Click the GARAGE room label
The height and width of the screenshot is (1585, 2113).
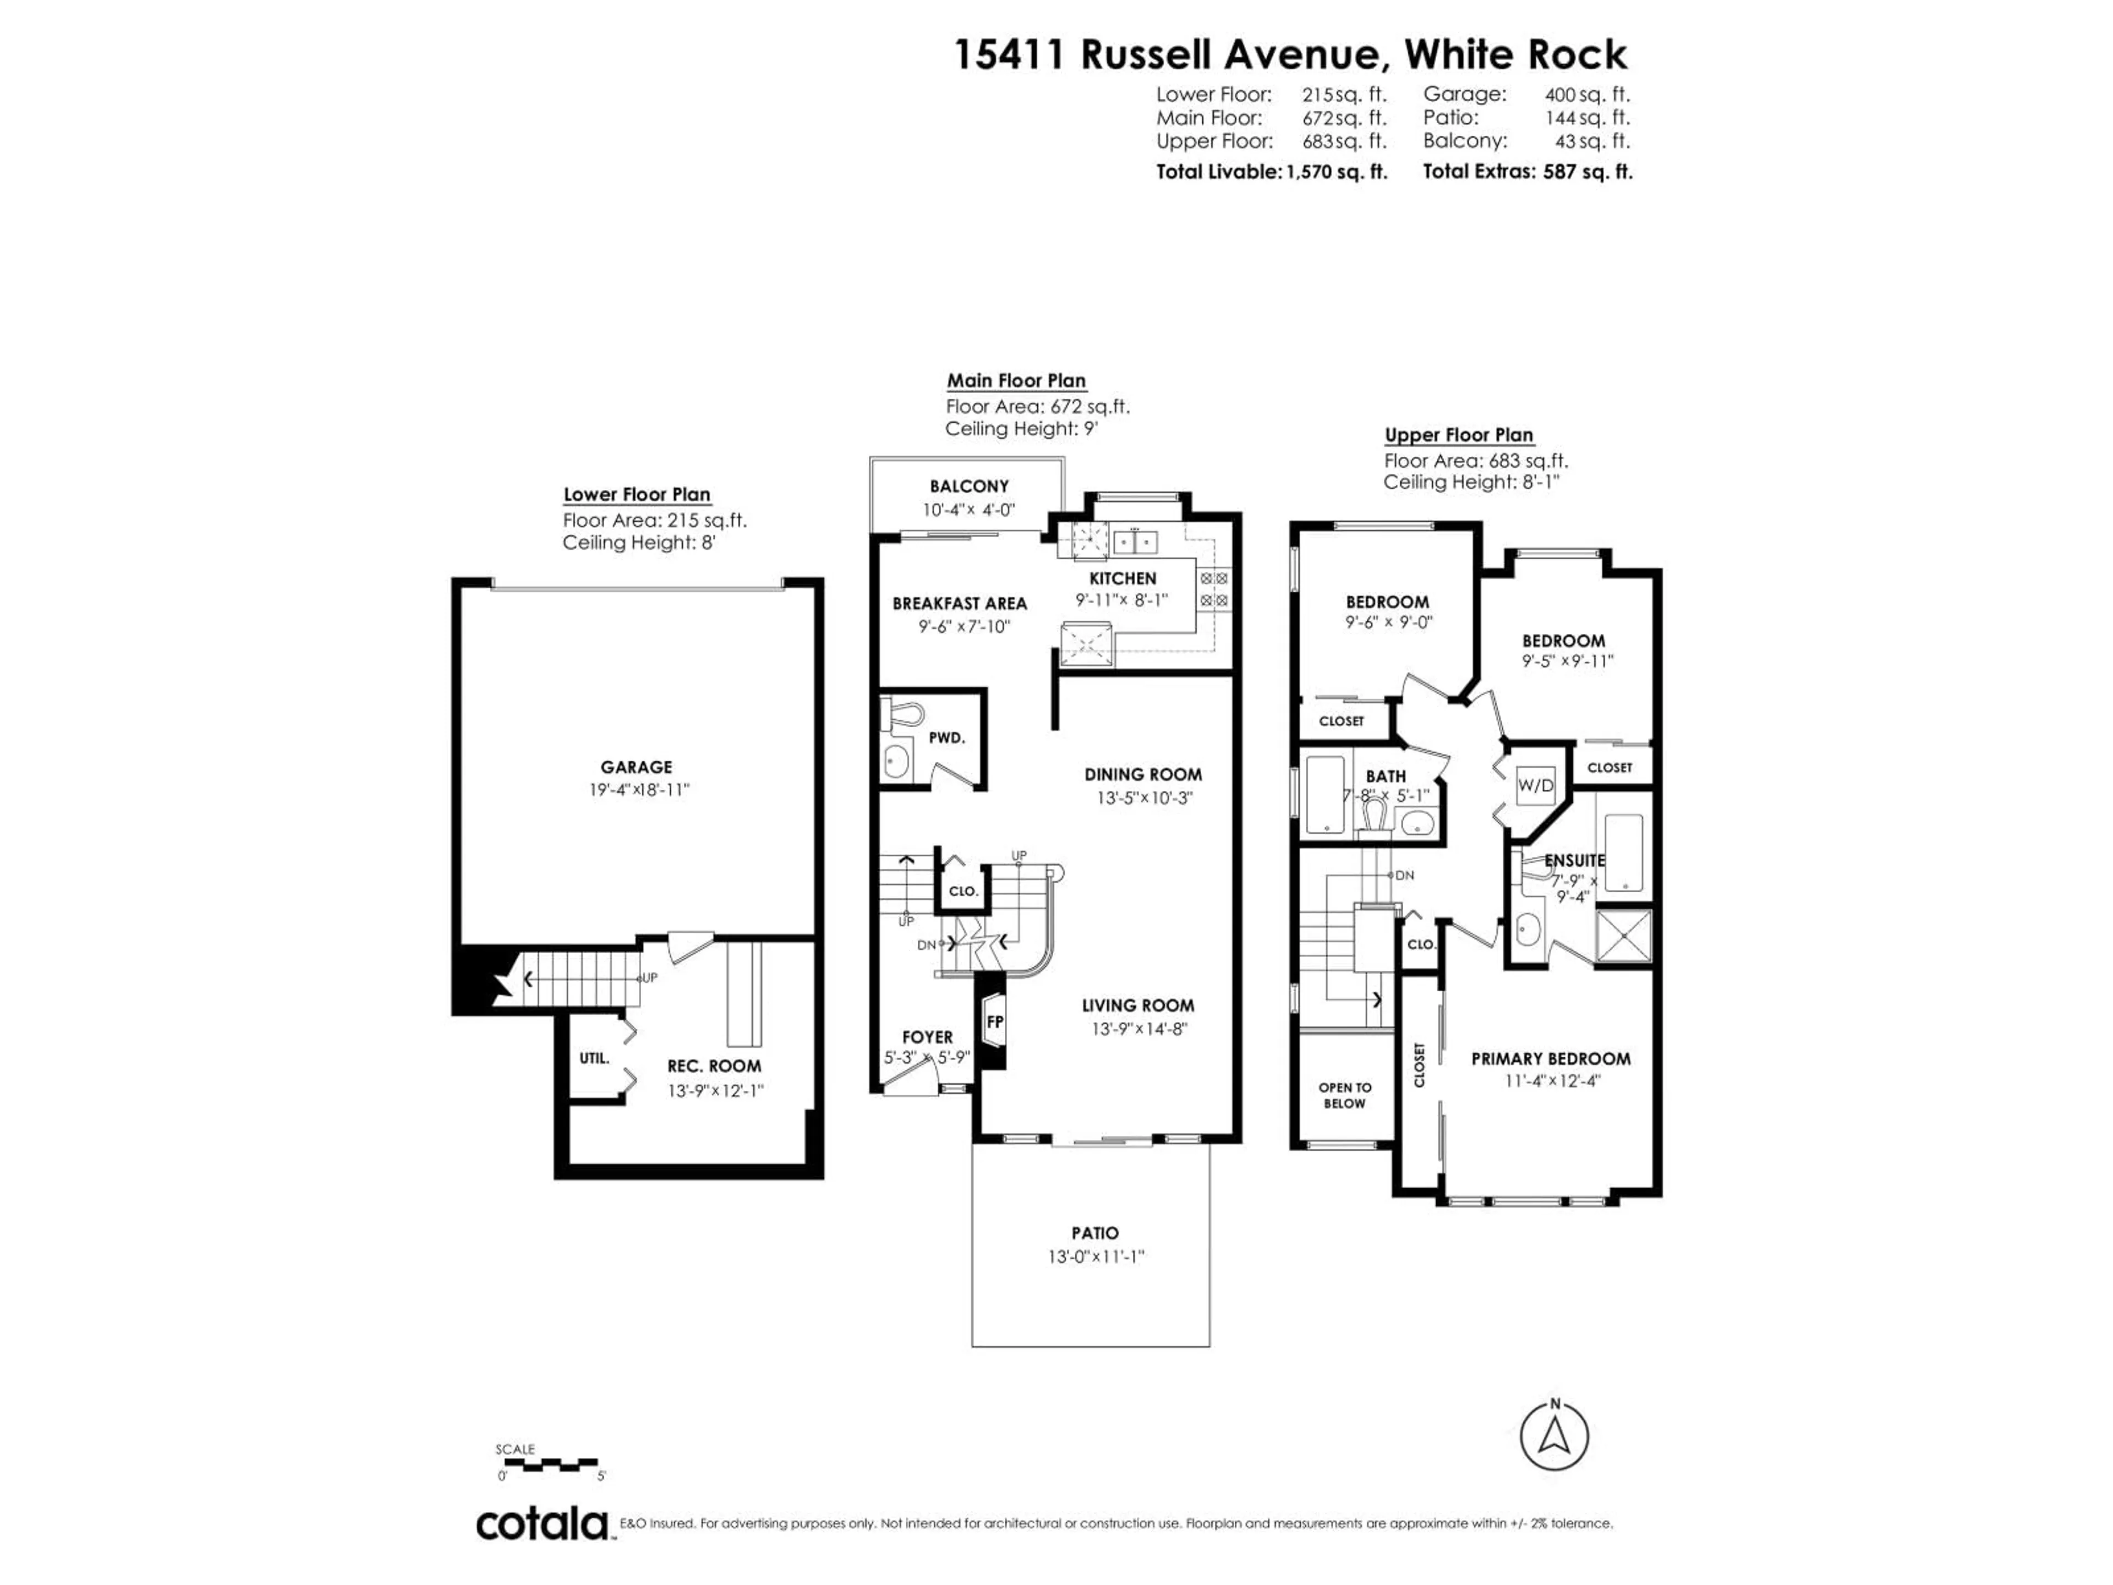point(636,767)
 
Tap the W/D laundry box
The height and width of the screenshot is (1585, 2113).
point(1536,785)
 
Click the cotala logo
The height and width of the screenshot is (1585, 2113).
point(541,1524)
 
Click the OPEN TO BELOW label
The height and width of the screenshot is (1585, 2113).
point(1344,1095)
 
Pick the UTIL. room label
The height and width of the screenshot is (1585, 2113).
point(594,1058)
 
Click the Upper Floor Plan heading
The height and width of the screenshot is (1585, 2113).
point(1459,435)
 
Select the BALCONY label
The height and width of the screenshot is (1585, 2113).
point(968,487)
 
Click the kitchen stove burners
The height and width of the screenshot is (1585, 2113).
point(1214,589)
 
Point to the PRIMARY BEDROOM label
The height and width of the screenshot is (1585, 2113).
point(1551,1058)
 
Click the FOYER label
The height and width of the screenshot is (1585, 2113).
point(927,1037)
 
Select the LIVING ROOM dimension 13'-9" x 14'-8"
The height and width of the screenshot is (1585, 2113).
point(1138,1029)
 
